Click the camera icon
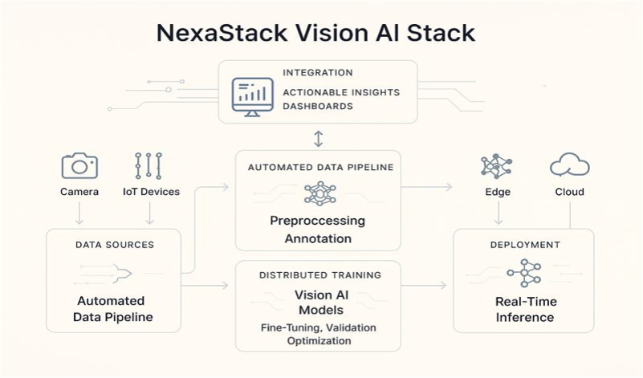point(79,165)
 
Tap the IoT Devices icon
point(149,165)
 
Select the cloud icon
point(570,166)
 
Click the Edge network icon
point(497,166)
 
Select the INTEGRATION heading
point(317,73)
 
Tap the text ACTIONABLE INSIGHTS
point(340,92)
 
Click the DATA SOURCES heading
point(114,244)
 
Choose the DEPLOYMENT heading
point(523,244)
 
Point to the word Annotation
point(317,238)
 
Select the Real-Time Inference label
point(524,309)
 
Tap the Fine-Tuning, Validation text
point(318,327)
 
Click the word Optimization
point(318,340)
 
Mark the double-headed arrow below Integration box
point(318,138)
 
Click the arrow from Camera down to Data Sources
point(79,213)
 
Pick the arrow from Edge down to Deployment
point(498,213)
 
